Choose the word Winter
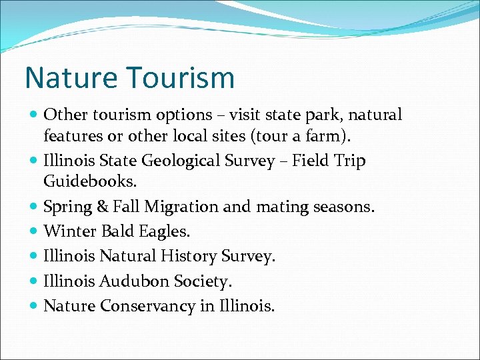click(x=69, y=231)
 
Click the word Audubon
click(x=135, y=281)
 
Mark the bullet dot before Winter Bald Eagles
click(x=34, y=232)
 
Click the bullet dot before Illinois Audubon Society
click(x=34, y=281)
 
